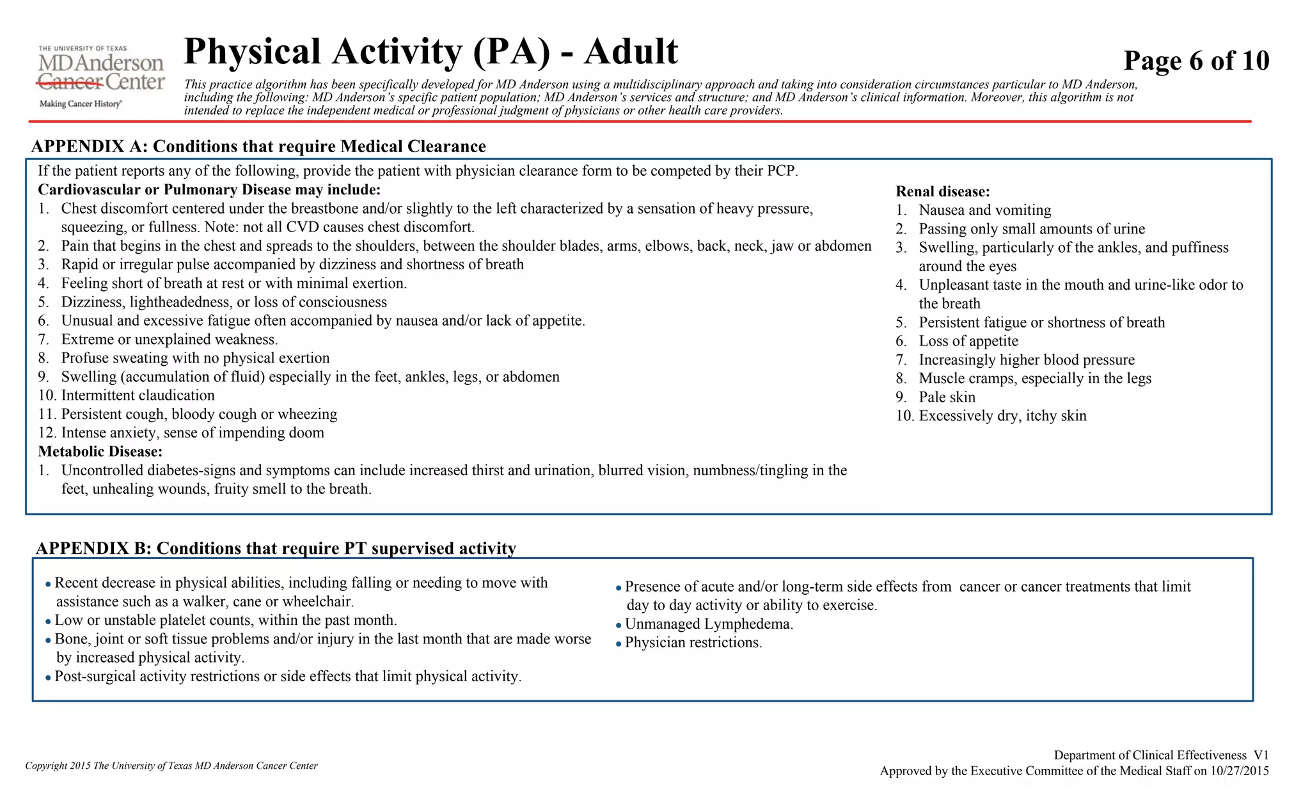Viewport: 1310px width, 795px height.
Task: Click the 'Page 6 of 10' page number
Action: tap(1196, 61)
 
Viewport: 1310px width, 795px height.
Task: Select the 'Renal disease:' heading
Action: tap(942, 191)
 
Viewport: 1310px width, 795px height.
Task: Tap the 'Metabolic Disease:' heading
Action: tap(100, 452)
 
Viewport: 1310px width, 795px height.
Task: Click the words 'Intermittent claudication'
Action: tap(138, 395)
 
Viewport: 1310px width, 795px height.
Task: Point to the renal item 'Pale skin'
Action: tap(947, 397)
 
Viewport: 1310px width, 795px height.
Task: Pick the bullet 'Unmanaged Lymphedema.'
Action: tap(709, 624)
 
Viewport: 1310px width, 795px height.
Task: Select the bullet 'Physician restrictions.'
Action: tap(693, 643)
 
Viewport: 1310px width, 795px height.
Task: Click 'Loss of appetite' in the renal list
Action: tap(968, 341)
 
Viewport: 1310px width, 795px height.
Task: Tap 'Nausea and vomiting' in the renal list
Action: tap(984, 210)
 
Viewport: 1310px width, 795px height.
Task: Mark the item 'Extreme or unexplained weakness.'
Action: tap(170, 340)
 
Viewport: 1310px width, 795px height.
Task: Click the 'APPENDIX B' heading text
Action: tap(276, 548)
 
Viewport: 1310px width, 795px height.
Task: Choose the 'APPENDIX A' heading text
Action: tap(258, 146)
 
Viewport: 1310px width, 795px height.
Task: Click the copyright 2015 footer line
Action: tap(171, 766)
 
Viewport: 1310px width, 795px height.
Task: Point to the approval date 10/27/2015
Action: tap(1239, 771)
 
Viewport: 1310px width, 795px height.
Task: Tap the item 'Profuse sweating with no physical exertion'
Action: tap(195, 358)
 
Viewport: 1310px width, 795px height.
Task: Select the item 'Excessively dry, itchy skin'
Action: tap(1002, 416)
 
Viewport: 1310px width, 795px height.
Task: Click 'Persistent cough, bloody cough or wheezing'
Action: tap(199, 414)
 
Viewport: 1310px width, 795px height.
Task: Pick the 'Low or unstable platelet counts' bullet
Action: tap(225, 620)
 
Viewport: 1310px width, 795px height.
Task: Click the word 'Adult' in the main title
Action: tap(631, 51)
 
